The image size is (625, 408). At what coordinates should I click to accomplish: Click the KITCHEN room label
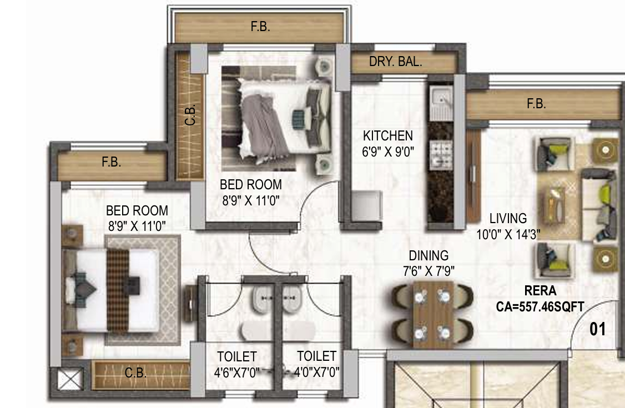388,136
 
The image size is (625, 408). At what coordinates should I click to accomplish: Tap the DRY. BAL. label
395,62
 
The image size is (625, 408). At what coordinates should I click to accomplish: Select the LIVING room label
508,218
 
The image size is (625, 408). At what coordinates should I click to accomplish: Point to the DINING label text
429,255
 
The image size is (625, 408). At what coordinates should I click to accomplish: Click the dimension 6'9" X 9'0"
388,152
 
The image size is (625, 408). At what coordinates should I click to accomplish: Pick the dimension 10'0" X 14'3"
508,234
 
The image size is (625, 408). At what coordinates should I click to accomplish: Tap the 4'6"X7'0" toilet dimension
237,372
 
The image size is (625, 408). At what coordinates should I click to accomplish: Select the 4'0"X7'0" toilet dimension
316,372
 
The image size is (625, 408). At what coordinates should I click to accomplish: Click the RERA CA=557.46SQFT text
540,299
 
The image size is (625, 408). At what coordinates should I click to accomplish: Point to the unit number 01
597,329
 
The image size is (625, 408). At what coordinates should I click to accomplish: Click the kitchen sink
441,102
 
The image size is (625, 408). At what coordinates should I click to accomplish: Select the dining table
434,314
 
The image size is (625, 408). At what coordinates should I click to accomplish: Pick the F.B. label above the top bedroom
260,27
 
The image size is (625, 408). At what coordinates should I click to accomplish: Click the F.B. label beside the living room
536,104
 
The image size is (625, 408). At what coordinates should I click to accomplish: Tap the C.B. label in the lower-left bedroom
135,373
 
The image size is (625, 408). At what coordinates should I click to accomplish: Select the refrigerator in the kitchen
367,205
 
